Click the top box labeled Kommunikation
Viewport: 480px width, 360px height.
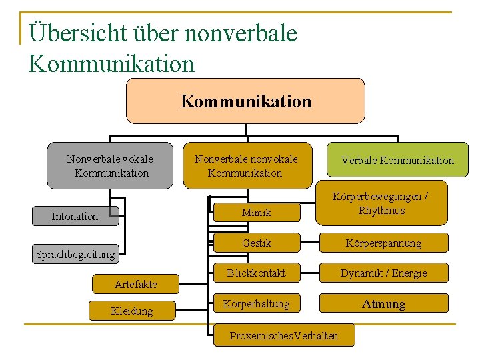245,101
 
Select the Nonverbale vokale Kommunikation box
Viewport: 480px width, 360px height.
110,166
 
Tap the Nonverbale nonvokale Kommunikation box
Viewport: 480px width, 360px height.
246,166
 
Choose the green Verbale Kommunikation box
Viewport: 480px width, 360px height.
397,160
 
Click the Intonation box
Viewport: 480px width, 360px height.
75,216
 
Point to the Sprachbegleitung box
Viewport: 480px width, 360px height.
75,254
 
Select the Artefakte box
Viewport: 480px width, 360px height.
135,284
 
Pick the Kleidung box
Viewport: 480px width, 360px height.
133,311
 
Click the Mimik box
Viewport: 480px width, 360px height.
257,213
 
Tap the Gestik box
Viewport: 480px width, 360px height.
257,243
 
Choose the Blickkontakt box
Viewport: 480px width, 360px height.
257,273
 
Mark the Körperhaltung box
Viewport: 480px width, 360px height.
257,304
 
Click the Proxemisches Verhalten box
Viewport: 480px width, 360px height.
283,335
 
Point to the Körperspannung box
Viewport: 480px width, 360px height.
383,243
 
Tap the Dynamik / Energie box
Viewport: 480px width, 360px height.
383,273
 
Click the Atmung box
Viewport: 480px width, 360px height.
383,304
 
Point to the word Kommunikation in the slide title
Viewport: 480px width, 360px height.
112,64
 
